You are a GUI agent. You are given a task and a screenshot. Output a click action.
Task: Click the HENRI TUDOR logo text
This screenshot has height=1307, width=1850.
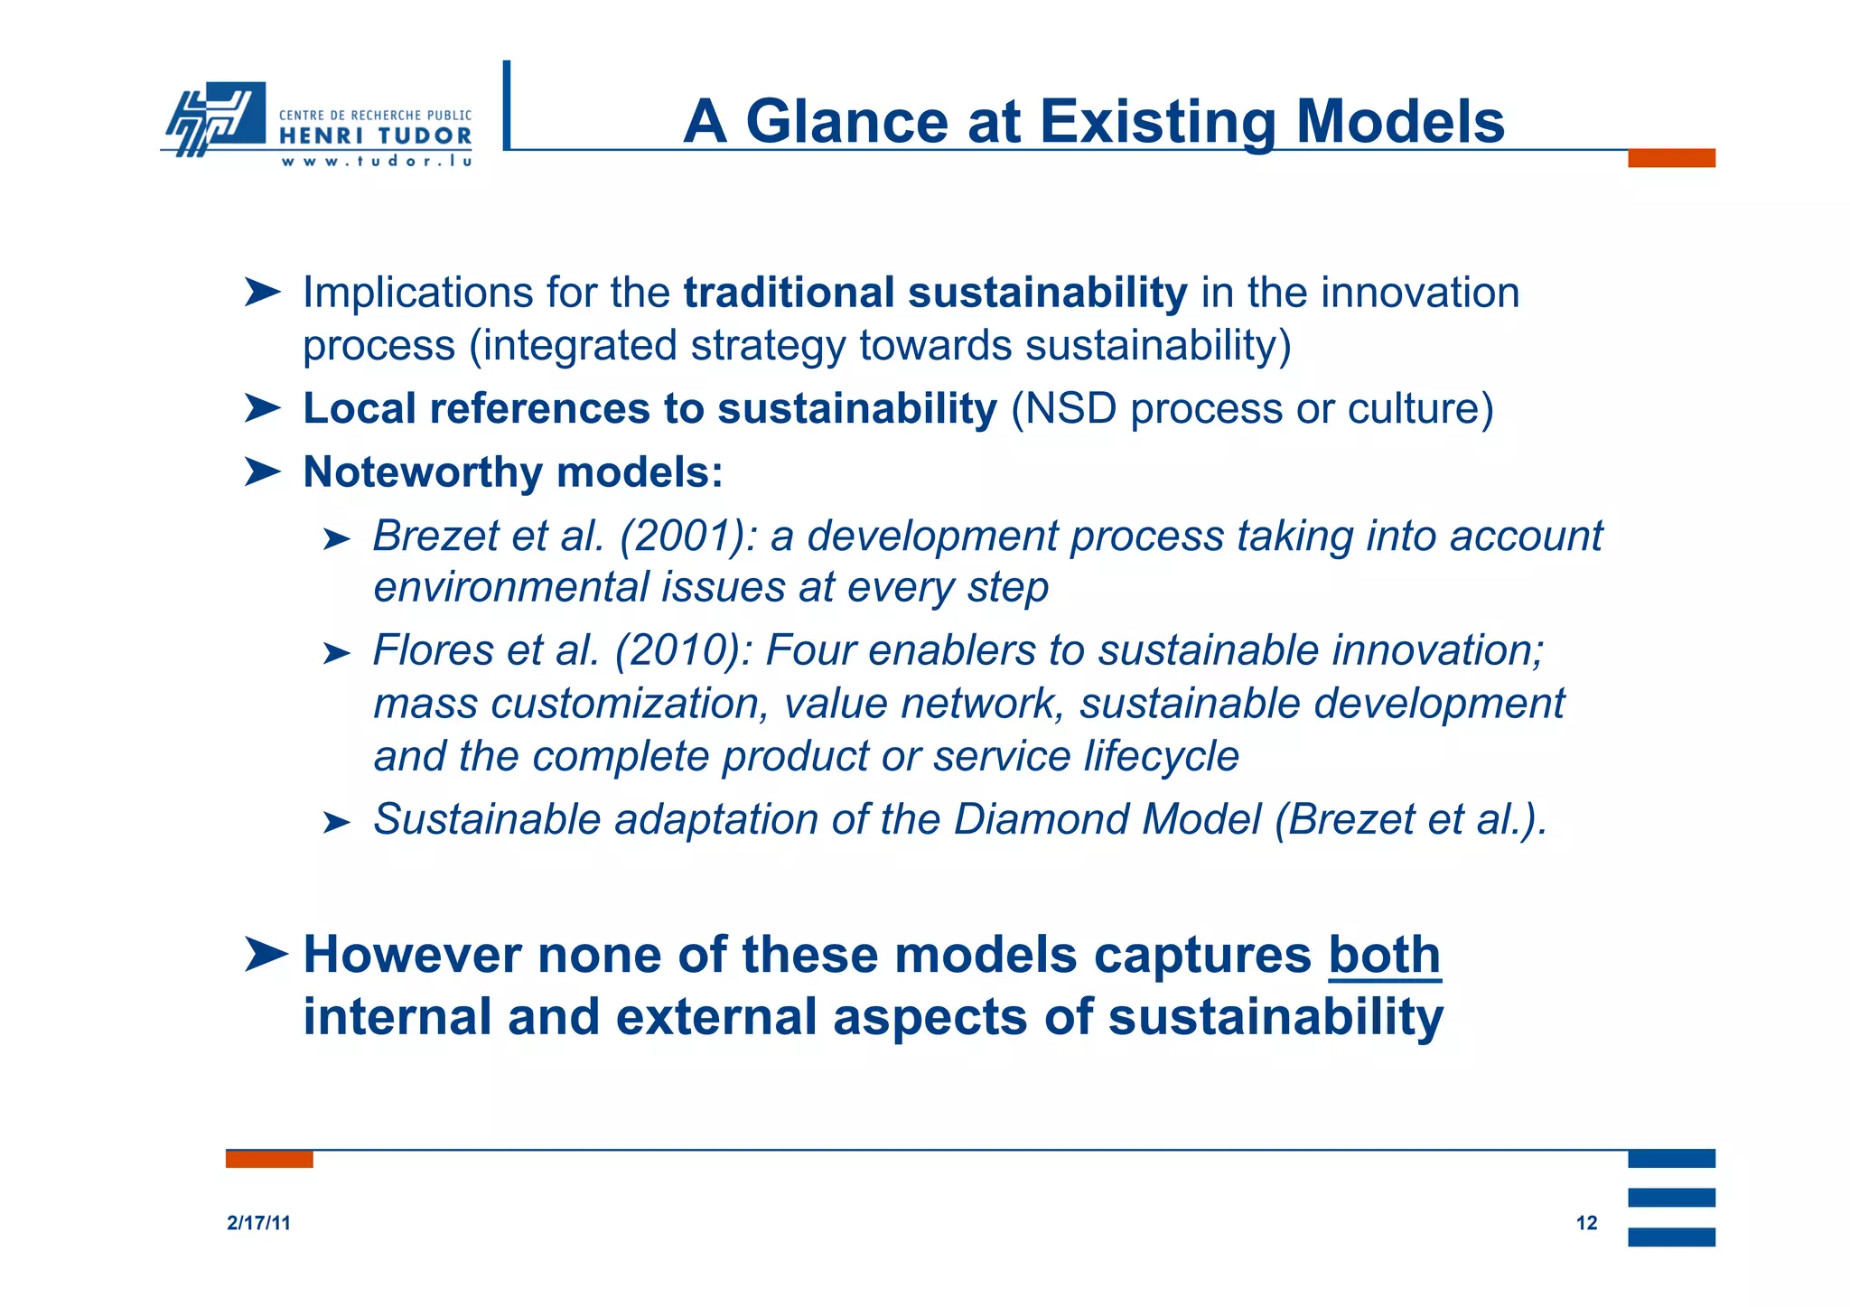click(375, 136)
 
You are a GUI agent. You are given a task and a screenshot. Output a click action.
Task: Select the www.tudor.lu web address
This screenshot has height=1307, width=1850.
click(376, 162)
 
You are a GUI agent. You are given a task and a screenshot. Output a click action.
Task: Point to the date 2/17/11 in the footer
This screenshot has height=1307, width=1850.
click(258, 1223)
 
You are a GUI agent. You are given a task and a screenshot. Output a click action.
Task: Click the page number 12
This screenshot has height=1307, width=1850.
click(1586, 1223)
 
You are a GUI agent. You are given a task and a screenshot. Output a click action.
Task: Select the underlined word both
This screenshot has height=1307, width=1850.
click(1384, 955)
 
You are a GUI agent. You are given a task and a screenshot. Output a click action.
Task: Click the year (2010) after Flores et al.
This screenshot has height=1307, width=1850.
click(683, 650)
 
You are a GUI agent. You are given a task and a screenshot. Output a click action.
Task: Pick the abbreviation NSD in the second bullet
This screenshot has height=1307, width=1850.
click(1063, 408)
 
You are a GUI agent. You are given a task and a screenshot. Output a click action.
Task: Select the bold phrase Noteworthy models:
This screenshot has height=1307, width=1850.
click(512, 471)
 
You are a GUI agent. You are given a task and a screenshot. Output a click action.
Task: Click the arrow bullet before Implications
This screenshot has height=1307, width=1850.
click(262, 293)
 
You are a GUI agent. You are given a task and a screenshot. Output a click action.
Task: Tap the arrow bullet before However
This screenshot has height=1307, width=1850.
click(265, 955)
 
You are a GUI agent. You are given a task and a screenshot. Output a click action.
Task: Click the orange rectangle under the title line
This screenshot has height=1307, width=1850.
click(1670, 158)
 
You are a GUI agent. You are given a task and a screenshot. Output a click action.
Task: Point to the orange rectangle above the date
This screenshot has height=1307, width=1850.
click(269, 1159)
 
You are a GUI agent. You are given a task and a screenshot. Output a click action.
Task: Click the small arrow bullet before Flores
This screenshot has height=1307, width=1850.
click(335, 653)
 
